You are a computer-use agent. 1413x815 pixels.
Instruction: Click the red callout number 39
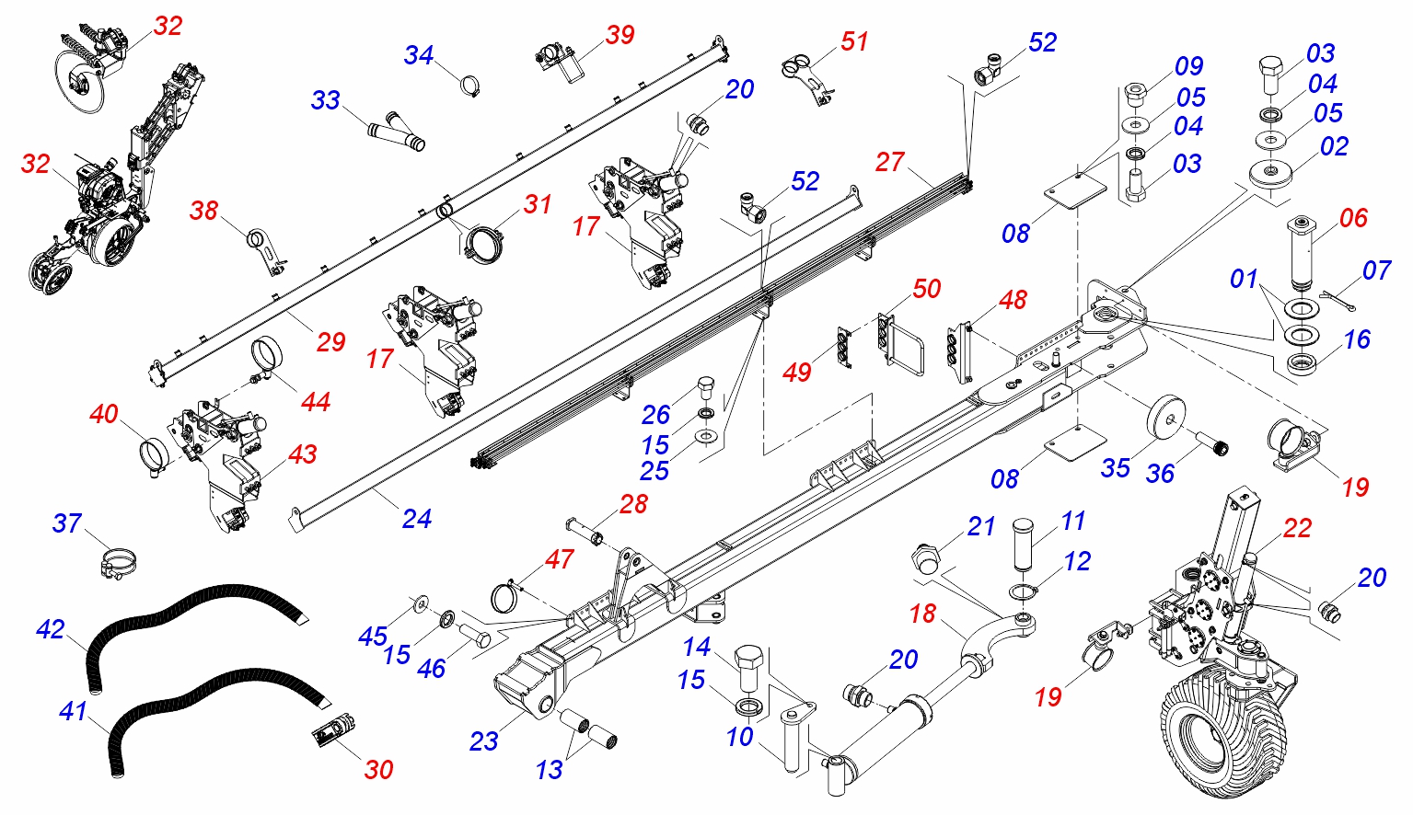tap(620, 35)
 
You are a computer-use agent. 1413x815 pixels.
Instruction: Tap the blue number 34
tap(419, 55)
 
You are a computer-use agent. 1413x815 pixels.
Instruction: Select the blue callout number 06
tap(1353, 218)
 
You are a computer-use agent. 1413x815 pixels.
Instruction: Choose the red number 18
tap(922, 614)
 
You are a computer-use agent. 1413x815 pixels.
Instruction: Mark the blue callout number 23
tap(483, 740)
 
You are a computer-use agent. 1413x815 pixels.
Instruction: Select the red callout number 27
tap(889, 162)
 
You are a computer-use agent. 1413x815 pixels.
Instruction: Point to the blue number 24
tap(417, 519)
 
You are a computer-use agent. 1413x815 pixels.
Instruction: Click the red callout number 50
tap(926, 289)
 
